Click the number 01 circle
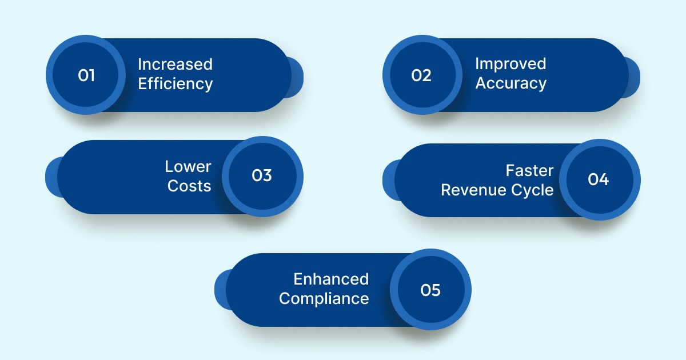(86, 75)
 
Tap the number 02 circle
(422, 75)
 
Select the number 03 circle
(262, 176)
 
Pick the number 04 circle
(599, 179)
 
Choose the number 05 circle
(431, 290)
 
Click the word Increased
(175, 64)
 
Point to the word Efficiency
(175, 84)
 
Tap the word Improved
(510, 64)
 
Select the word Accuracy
(510, 83)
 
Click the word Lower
(188, 167)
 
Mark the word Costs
(189, 186)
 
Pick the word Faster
(529, 171)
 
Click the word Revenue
(470, 190)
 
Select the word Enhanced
(331, 279)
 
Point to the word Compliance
(324, 299)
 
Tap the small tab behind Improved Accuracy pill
(633, 77)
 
